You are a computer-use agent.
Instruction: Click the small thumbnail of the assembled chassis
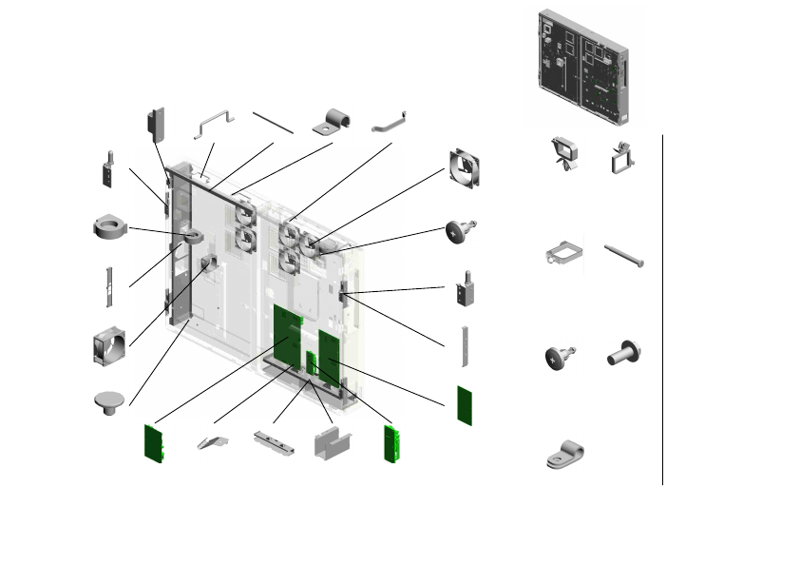583,67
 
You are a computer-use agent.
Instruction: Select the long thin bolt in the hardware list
624,255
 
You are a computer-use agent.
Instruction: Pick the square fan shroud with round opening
110,349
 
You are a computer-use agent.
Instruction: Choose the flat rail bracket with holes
273,442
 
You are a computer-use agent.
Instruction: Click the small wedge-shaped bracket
214,441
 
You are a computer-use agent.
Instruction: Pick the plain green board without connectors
465,404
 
